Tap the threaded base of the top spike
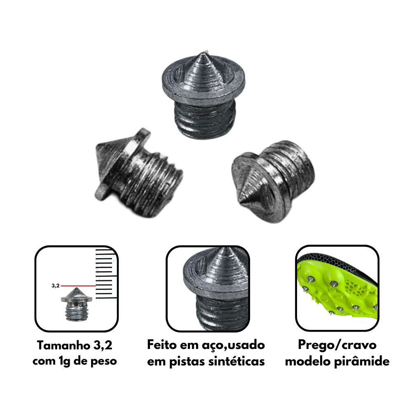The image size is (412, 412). (x=205, y=119)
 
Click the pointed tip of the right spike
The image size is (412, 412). (x=241, y=202)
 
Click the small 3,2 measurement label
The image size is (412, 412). (x=56, y=286)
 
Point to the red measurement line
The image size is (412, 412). (x=78, y=286)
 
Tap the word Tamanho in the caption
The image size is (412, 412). (x=62, y=345)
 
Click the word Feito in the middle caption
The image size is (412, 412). (x=162, y=345)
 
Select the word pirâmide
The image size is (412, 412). (x=362, y=361)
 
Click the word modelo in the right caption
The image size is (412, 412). (x=308, y=361)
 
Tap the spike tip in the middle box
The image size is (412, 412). (x=225, y=249)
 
